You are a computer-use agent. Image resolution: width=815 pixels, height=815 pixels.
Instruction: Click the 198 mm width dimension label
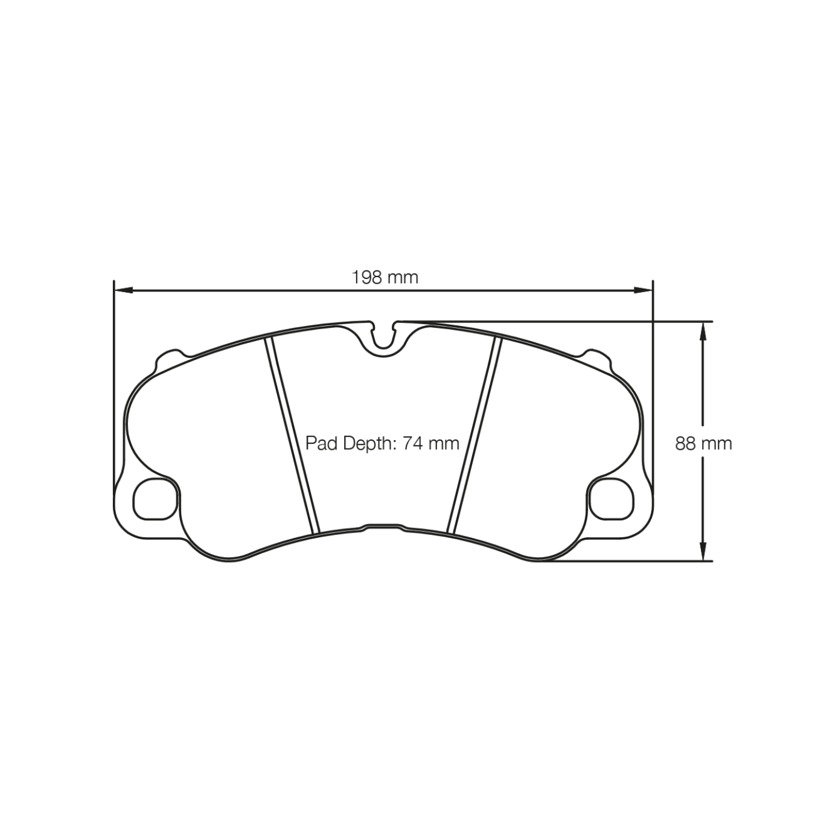tap(385, 277)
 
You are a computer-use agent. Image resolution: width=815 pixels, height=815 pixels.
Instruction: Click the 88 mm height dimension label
tap(703, 444)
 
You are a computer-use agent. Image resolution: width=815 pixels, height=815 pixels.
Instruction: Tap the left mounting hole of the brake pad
tap(155, 499)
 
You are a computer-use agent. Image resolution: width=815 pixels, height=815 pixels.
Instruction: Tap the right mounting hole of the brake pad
tap(611, 499)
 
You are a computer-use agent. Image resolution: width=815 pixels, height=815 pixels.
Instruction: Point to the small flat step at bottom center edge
tap(383, 526)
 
